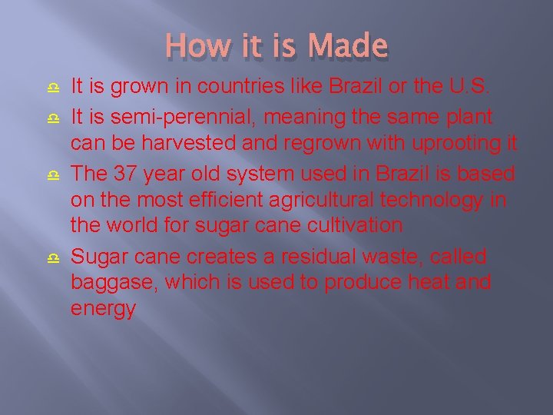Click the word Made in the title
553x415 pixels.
(x=348, y=45)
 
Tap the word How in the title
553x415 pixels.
(x=187, y=45)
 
